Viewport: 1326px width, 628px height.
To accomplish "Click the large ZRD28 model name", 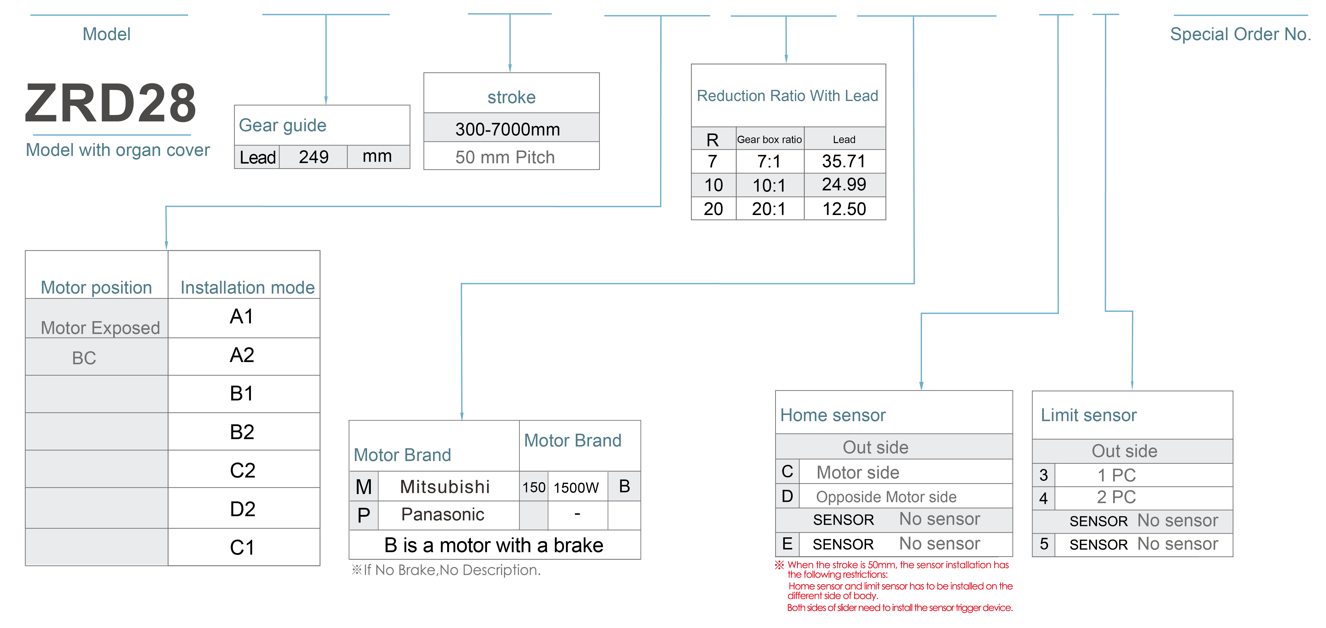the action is click(x=111, y=103).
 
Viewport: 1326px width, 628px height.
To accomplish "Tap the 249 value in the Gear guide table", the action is click(x=313, y=156).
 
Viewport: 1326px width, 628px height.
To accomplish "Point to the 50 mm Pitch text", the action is click(x=505, y=157).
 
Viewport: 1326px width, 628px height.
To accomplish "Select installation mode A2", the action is click(x=242, y=355).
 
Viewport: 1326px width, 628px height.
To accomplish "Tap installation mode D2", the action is click(x=243, y=509).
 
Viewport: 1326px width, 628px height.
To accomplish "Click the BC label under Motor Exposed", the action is click(x=84, y=358).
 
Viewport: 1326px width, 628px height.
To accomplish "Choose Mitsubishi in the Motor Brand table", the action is click(x=445, y=486).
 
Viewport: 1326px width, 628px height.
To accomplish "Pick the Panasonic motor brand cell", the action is click(x=443, y=514).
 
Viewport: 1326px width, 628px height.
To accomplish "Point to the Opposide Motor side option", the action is click(x=886, y=497).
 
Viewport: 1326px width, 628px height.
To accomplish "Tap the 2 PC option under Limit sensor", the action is click(x=1116, y=497).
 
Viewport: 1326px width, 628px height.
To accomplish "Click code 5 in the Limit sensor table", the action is click(x=1044, y=544).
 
